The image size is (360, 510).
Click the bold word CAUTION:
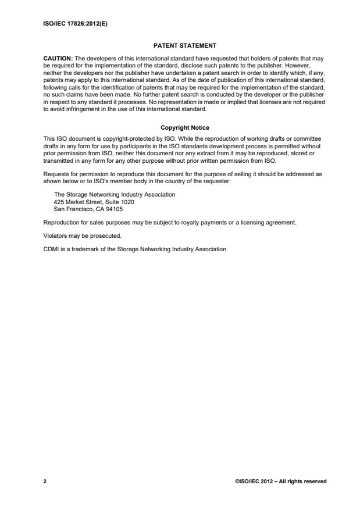pos(58,59)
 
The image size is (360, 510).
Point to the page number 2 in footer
pos(45,481)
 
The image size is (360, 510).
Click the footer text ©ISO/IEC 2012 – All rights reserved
pos(281,481)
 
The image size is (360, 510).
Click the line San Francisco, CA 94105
pos(88,208)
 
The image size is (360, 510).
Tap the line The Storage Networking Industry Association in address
pos(114,194)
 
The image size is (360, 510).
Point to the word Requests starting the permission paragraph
pos(56,174)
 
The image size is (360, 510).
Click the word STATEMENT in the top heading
pos(197,45)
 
